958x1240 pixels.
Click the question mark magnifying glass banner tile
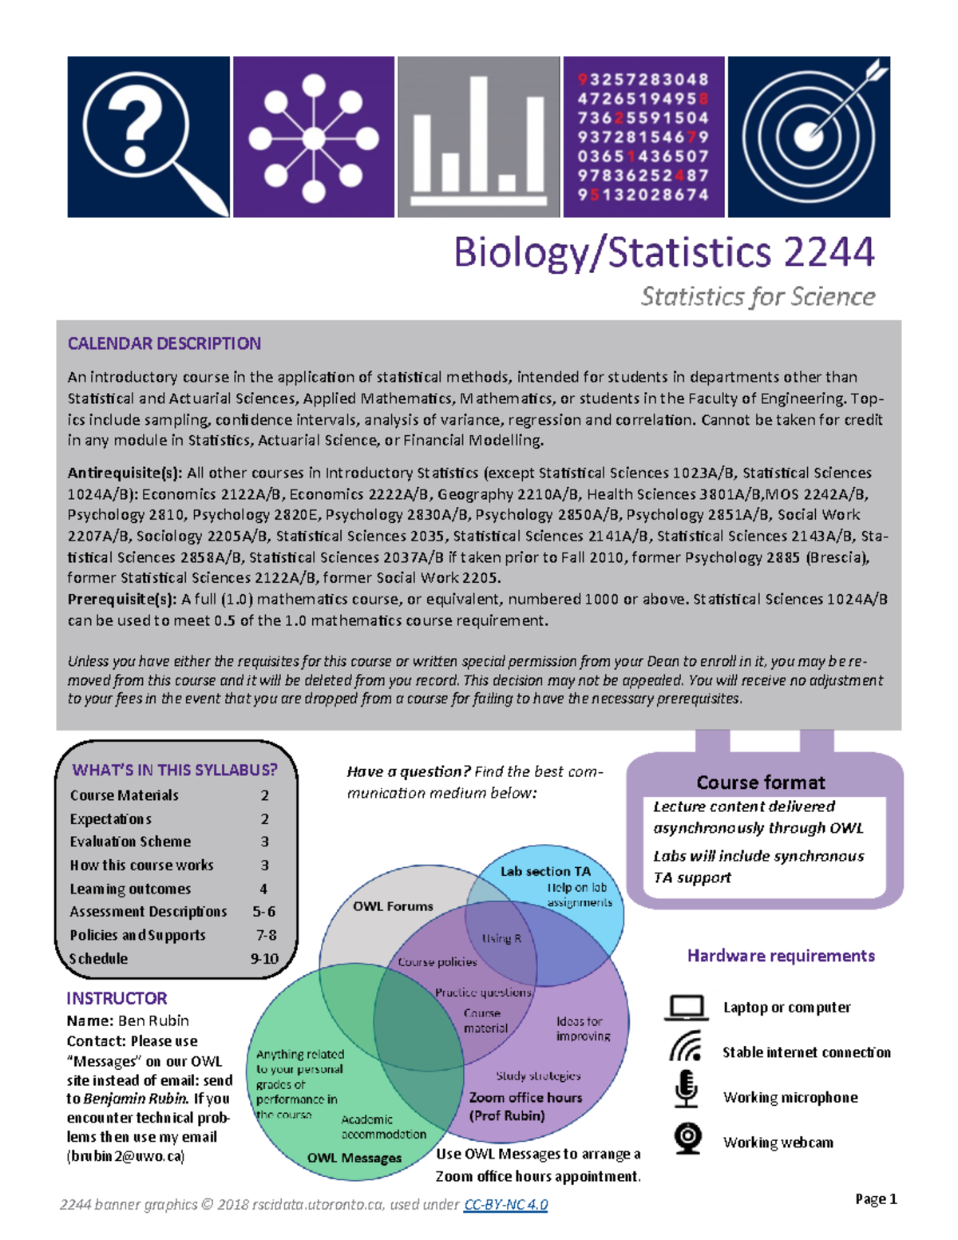pos(148,137)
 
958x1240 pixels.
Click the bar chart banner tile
pos(478,137)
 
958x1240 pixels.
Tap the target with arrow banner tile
pos(809,137)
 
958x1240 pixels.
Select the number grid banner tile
pos(643,137)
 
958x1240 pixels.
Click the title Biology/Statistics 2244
pos(663,252)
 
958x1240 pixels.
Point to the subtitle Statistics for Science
pos(758,297)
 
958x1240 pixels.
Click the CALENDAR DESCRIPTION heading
pos(164,343)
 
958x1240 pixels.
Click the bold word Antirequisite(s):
pos(125,473)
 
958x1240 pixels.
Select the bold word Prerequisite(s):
pos(121,599)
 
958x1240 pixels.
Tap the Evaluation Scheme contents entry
pos(130,842)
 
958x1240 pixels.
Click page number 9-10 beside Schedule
pos(264,959)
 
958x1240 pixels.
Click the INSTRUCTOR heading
pos(117,998)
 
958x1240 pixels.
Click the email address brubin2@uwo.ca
pos(125,1156)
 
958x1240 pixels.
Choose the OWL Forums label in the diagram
pos(393,906)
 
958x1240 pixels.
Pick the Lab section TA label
pos(545,871)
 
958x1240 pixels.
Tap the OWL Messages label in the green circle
pos(354,1158)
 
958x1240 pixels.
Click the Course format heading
pos(760,782)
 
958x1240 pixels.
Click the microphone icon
pos(686,1088)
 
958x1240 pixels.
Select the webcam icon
pos(687,1139)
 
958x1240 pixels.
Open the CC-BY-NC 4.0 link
pos(505,1204)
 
